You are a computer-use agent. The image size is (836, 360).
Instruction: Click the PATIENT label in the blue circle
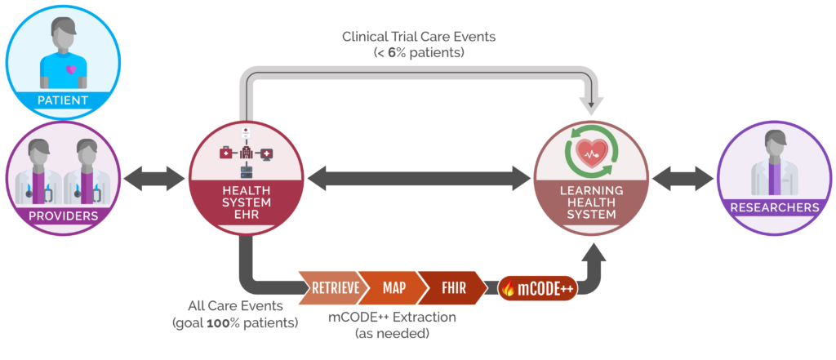click(63, 100)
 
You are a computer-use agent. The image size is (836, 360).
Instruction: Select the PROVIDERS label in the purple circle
click(63, 216)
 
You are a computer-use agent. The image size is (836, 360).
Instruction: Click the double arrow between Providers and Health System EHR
click(154, 177)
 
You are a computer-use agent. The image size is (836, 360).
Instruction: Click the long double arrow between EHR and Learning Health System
click(419, 177)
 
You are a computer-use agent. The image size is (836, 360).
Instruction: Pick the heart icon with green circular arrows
click(592, 152)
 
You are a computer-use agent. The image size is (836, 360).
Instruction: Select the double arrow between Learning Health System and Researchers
click(683, 177)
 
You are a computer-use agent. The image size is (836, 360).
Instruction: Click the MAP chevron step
click(394, 287)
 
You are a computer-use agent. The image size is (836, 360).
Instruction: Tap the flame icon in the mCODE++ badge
click(509, 289)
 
